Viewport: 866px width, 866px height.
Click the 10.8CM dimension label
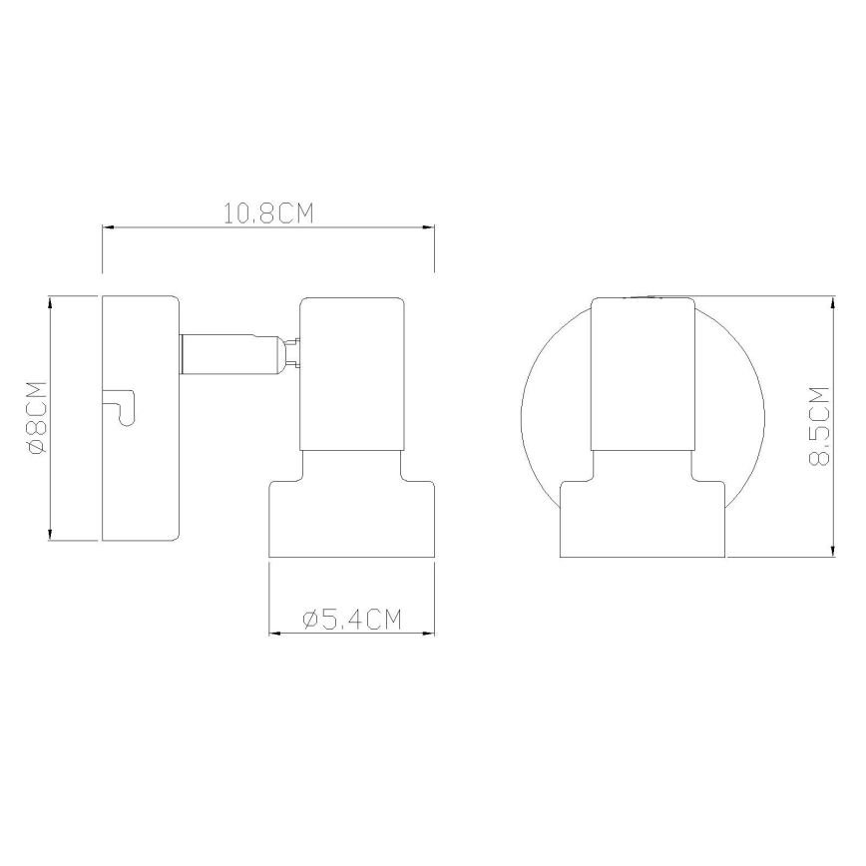click(x=268, y=215)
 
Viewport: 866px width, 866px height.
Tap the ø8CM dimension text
click(x=36, y=418)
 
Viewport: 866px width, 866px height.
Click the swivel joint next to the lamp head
click(x=291, y=354)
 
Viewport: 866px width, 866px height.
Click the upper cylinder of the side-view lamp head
click(x=351, y=374)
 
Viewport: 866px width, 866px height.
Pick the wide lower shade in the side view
click(x=353, y=518)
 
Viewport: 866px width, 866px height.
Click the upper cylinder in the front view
click(x=643, y=374)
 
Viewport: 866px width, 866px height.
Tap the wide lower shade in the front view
click(x=643, y=519)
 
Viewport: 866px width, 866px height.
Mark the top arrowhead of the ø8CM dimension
click(x=50, y=302)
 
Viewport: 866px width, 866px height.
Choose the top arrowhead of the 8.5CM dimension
click(x=833, y=302)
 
